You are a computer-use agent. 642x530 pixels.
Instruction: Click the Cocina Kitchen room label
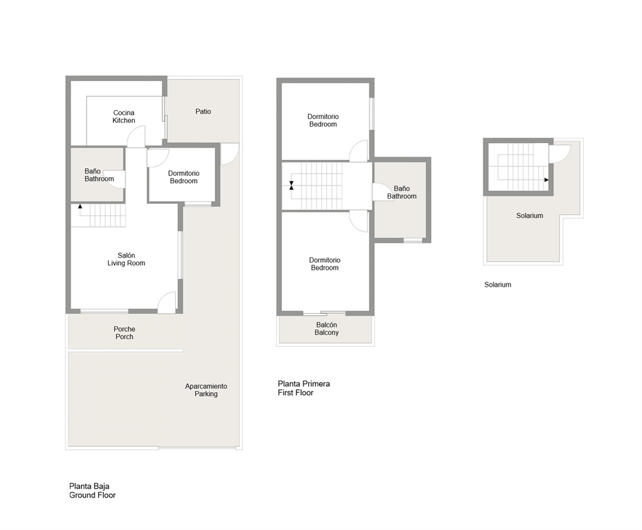tap(124, 116)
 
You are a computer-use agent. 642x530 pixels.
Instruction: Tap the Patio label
tap(203, 111)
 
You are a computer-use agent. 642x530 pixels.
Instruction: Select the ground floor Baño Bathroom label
tap(99, 175)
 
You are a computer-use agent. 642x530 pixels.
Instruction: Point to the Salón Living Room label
tap(126, 259)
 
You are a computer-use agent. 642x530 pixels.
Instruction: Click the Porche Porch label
tap(124, 333)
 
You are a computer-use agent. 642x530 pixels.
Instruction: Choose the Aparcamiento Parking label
tap(206, 390)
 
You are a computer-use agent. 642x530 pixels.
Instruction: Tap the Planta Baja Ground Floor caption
tap(92, 491)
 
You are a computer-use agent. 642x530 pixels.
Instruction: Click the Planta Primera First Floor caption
tap(304, 388)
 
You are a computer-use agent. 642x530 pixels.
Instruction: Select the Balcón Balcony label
tap(326, 329)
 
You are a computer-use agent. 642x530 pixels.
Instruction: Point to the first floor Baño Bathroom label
tap(401, 192)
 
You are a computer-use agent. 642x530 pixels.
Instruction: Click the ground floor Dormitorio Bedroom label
tap(183, 177)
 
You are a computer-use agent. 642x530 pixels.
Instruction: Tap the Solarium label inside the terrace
tap(529, 215)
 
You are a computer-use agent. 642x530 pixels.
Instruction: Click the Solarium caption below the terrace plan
tap(498, 285)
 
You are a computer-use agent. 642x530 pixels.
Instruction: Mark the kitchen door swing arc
tap(136, 137)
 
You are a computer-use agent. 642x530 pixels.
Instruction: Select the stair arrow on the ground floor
tap(80, 206)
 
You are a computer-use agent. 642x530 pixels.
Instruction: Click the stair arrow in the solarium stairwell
tap(547, 180)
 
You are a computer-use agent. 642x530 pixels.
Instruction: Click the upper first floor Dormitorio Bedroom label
tap(323, 120)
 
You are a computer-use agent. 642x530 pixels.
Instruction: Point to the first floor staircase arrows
tap(291, 185)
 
